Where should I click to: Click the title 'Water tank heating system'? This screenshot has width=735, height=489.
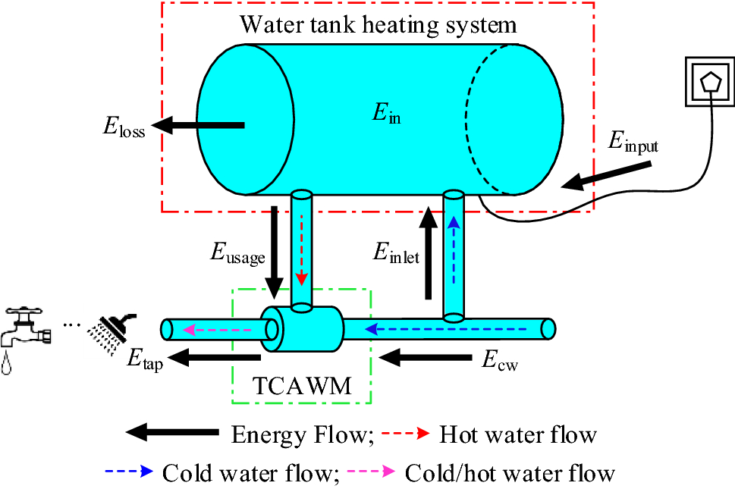(x=378, y=24)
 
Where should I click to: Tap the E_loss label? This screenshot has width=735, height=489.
(x=124, y=127)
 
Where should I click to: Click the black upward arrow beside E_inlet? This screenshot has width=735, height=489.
(x=429, y=254)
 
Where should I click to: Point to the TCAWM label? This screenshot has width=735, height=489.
(x=301, y=387)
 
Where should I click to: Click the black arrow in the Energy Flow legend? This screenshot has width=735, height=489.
(x=171, y=434)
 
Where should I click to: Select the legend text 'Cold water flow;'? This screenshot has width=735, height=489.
(x=249, y=473)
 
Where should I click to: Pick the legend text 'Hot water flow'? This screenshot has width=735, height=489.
(x=518, y=434)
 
